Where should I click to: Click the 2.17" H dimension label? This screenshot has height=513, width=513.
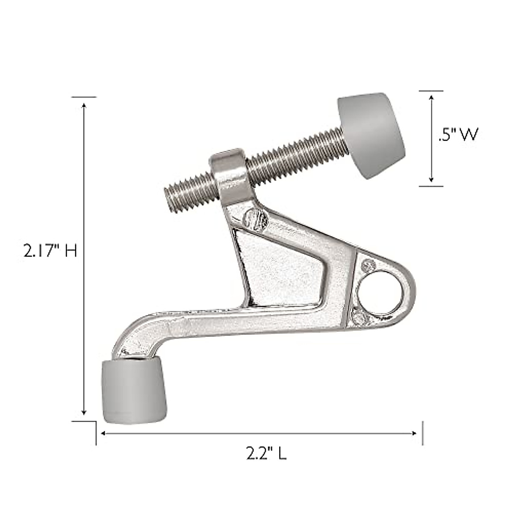coord(50,251)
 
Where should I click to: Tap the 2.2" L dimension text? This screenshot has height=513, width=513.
coord(266,453)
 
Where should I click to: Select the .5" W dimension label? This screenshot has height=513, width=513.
coord(457,135)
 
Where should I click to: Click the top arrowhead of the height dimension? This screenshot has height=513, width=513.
coord(84,105)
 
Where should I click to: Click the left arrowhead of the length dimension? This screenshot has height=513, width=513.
coord(103,433)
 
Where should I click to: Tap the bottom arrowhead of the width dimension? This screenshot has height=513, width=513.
coord(431,180)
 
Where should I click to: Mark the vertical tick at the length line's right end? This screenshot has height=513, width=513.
coord(422,433)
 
